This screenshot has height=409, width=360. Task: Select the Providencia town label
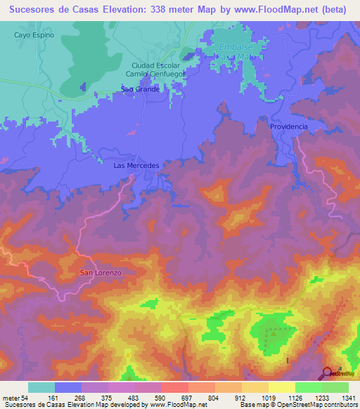tap(288, 126)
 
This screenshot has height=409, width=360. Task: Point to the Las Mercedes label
tap(137, 166)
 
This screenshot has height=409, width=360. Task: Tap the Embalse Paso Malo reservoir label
tap(235, 51)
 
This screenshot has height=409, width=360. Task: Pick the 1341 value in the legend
tap(349, 398)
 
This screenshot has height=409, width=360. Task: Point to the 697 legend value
tap(187, 398)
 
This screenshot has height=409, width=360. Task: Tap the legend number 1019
tap(268, 398)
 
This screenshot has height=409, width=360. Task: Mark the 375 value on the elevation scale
tap(106, 398)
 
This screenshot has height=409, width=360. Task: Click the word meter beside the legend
tap(11, 398)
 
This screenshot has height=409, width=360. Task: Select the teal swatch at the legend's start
tap(41, 387)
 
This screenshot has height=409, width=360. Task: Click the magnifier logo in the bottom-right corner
tap(328, 374)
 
